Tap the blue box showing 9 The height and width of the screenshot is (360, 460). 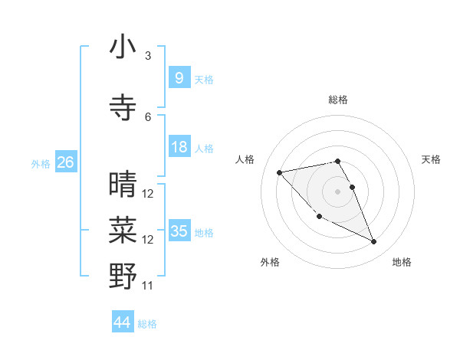[179, 78]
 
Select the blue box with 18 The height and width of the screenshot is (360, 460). [179, 147]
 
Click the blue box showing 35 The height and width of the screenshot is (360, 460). [179, 231]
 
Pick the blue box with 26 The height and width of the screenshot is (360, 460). [65, 162]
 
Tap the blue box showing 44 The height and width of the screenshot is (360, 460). [123, 322]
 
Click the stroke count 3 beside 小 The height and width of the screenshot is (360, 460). [148, 56]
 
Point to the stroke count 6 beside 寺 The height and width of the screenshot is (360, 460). [148, 116]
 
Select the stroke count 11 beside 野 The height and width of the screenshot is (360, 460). [148, 286]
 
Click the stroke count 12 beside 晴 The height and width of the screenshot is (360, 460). [148, 194]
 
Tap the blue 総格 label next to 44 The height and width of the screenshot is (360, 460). [148, 324]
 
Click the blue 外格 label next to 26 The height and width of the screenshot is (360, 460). [41, 163]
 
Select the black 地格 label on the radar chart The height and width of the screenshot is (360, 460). [402, 262]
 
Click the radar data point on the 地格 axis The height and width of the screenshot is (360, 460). [373, 242]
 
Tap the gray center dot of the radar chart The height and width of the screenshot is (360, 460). [337, 191]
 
